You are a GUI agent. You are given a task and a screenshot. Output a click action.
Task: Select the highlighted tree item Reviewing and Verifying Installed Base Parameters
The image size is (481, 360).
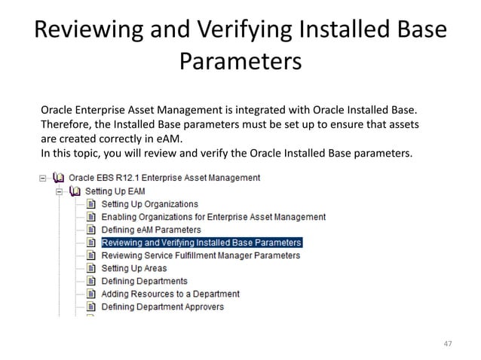[201, 243]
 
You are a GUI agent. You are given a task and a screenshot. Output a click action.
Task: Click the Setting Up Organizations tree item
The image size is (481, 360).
[150, 204]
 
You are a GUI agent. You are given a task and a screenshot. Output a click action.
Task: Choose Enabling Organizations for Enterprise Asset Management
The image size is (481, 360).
[213, 217]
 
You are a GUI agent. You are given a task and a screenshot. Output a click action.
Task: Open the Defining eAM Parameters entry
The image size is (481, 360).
[151, 230]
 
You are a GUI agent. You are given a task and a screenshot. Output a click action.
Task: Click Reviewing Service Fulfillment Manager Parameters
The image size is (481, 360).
[201, 255]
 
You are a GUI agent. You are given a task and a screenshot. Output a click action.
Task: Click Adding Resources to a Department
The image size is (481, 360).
[170, 294]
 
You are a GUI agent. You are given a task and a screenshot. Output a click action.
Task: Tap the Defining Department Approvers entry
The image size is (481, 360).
[162, 307]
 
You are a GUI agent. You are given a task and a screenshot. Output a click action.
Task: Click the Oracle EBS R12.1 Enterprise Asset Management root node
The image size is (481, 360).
[164, 178]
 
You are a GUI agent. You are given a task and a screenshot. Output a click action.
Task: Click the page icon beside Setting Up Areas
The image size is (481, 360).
[90, 268]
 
